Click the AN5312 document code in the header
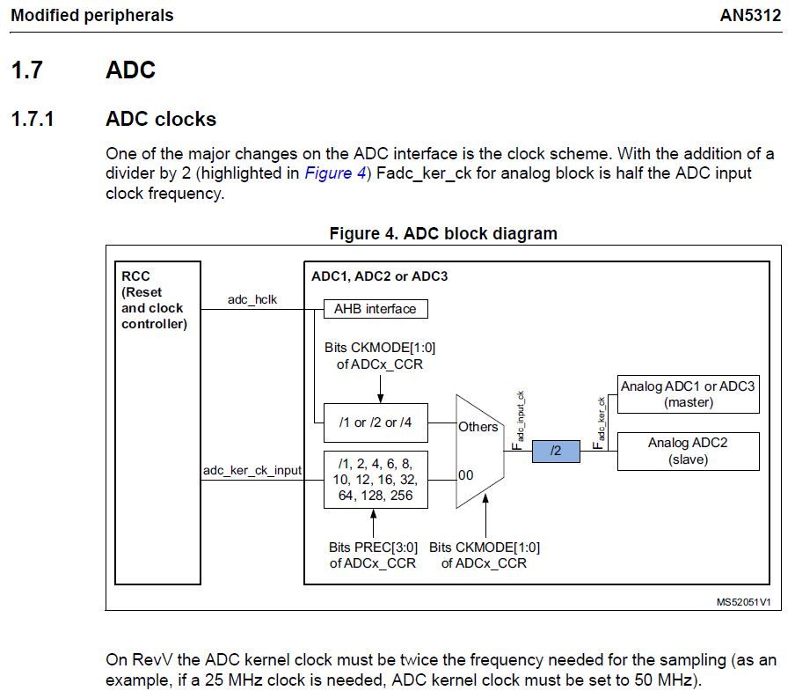pos(749,16)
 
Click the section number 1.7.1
pos(33,119)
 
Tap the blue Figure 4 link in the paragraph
pos(335,173)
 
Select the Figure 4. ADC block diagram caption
pos(443,234)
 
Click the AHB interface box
pos(376,309)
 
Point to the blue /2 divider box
pos(556,452)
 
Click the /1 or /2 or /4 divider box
pos(376,422)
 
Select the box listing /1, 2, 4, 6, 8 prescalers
pos(376,480)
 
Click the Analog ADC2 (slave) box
pos(688,451)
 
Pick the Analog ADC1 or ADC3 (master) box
pos(688,394)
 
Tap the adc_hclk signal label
pos(252,300)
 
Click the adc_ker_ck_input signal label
pos(252,471)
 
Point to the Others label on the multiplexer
pos(478,427)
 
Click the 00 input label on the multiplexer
pos(466,475)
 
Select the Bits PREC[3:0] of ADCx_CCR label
pos(374,555)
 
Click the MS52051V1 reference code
pos(743,602)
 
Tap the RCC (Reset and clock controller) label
pos(153,300)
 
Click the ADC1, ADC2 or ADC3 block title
pos(379,276)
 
